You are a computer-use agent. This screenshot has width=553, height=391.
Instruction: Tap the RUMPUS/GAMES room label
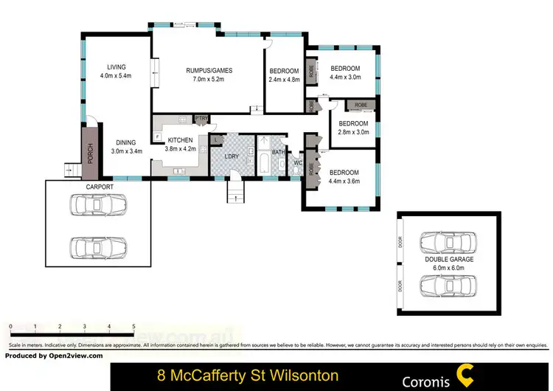point(209,71)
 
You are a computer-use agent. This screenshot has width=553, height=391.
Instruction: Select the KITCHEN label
point(180,139)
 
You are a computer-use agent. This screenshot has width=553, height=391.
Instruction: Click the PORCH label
point(90,154)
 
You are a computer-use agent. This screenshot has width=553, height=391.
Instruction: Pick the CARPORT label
point(100,187)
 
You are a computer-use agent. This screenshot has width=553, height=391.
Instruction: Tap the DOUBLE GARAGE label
point(448,260)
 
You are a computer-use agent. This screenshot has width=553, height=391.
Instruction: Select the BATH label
point(278,153)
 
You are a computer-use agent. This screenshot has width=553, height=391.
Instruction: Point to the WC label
point(298,163)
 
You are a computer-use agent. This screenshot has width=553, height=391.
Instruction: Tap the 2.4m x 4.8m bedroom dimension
point(285,80)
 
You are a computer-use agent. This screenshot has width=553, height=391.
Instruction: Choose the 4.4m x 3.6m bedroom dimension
point(344,181)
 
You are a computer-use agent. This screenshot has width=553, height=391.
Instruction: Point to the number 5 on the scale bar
point(133,325)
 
